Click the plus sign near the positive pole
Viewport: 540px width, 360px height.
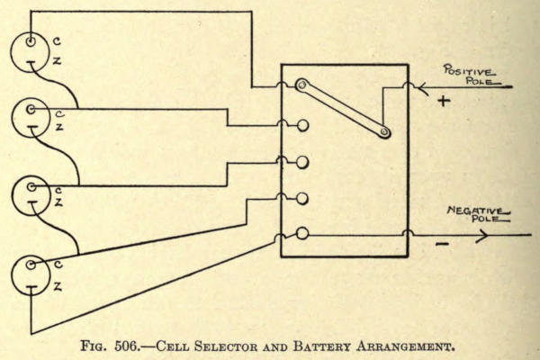pos(442,102)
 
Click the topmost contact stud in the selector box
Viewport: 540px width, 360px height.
pos(302,86)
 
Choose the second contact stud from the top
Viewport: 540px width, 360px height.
pos(303,125)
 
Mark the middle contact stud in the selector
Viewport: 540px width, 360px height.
pos(303,163)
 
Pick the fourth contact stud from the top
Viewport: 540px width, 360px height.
pos(303,198)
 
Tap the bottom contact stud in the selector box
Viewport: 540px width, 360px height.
pos(303,233)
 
